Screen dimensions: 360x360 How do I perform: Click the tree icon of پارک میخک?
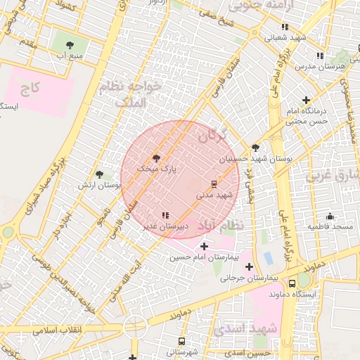[x=156, y=159]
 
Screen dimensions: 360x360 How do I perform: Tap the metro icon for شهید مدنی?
[x=214, y=184]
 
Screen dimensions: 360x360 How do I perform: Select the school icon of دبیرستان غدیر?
[x=165, y=216]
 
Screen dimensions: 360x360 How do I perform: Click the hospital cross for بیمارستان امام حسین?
[x=204, y=246]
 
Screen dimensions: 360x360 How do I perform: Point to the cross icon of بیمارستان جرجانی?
[x=249, y=266]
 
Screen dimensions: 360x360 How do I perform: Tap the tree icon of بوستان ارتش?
[x=99, y=174]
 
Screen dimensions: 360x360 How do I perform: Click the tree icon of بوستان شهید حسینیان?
[x=255, y=148]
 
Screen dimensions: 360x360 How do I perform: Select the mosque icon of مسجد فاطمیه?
[x=330, y=216]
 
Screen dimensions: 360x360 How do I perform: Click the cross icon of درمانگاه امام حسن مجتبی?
[x=306, y=101]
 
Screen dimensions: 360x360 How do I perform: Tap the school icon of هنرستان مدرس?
[x=320, y=55]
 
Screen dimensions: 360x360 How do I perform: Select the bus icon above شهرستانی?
[x=182, y=341]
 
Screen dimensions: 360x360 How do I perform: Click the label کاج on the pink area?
[x=29, y=88]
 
